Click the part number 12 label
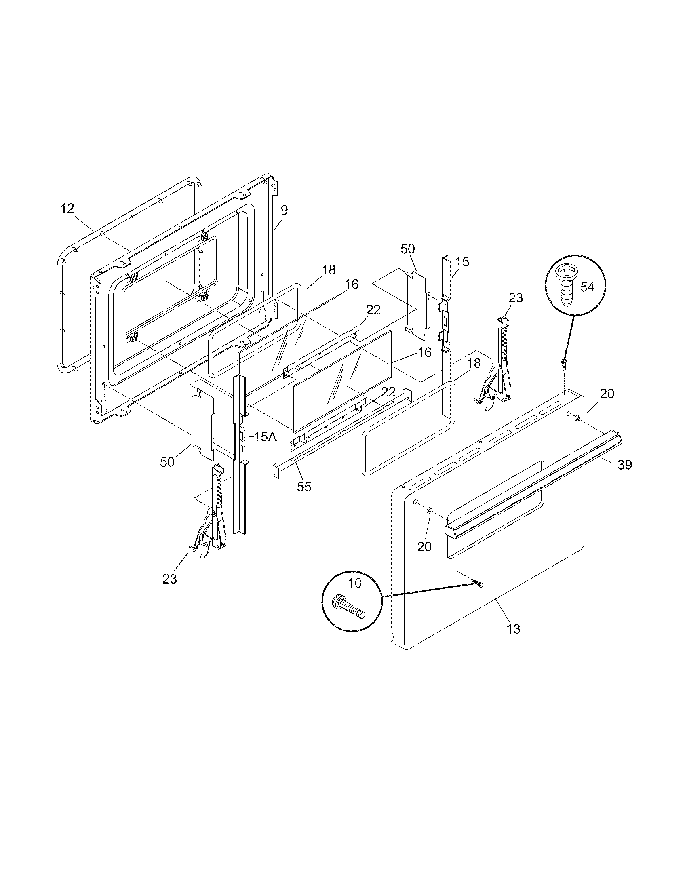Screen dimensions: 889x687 [67, 209]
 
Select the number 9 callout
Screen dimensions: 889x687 [284, 211]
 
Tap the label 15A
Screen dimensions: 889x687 [266, 437]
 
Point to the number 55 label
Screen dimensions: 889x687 [304, 487]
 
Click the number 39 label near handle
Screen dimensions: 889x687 [625, 464]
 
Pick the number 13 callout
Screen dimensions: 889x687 [514, 629]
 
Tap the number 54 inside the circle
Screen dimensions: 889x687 [587, 287]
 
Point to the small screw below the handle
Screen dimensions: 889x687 [478, 585]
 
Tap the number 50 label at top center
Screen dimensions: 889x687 [408, 249]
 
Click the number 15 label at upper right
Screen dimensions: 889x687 [462, 262]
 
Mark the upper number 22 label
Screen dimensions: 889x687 [373, 310]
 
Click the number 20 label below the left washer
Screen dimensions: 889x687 [424, 547]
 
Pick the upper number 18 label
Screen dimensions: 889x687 [329, 270]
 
